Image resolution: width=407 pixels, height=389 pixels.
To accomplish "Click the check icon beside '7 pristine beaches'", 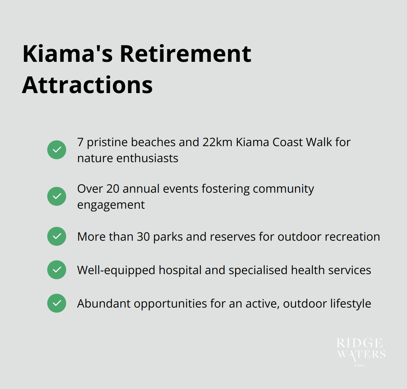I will tap(57, 150).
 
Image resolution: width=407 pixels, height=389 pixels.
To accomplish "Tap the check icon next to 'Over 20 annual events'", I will tap(57, 196).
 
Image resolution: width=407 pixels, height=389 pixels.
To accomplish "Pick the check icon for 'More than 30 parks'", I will tap(57, 236).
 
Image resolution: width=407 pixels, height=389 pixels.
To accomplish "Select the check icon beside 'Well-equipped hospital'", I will tap(57, 270).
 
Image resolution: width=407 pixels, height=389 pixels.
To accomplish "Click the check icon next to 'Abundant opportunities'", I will tap(57, 303).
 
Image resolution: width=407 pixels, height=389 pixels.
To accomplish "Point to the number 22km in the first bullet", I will tap(217, 142).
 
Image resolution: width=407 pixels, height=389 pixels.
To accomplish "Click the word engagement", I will tap(111, 205).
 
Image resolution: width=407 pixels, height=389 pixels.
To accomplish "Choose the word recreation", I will tap(352, 237).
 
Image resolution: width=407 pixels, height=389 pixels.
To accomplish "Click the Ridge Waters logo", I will tap(360, 350).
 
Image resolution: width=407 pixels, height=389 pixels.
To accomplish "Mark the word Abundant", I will tap(104, 304).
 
